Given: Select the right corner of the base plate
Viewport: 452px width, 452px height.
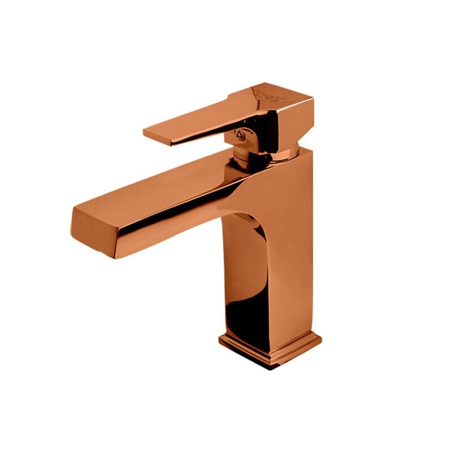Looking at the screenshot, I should point(320,338).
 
